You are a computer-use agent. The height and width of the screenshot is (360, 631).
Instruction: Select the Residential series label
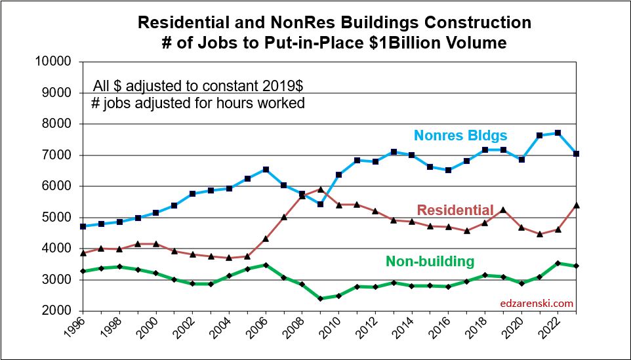(455, 210)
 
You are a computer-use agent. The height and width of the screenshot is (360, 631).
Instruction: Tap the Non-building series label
(430, 261)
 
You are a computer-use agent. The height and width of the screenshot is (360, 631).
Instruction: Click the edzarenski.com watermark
(537, 303)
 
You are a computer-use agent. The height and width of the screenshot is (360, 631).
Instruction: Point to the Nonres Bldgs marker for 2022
(558, 132)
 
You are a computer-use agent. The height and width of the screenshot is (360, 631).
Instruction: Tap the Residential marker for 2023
(576, 205)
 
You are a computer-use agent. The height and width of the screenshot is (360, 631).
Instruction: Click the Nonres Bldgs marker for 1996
(83, 226)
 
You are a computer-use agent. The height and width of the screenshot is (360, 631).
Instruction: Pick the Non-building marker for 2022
(558, 264)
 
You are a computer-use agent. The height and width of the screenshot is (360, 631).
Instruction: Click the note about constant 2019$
(198, 86)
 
